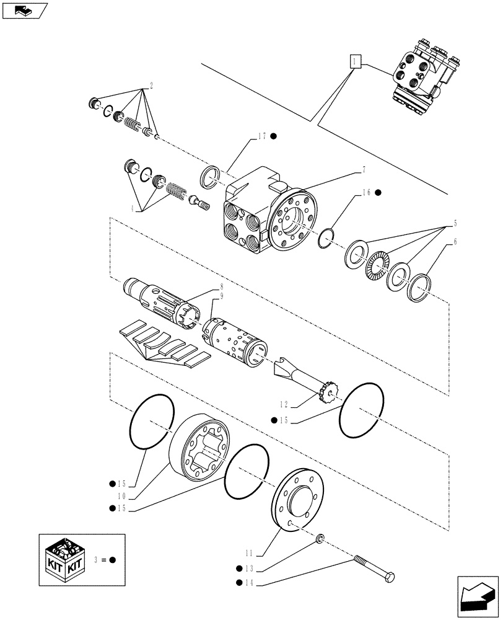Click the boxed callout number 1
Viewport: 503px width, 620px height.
[354, 61]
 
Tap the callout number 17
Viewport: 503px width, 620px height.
[260, 136]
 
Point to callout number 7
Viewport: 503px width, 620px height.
[364, 169]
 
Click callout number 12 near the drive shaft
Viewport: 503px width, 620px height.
[284, 404]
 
